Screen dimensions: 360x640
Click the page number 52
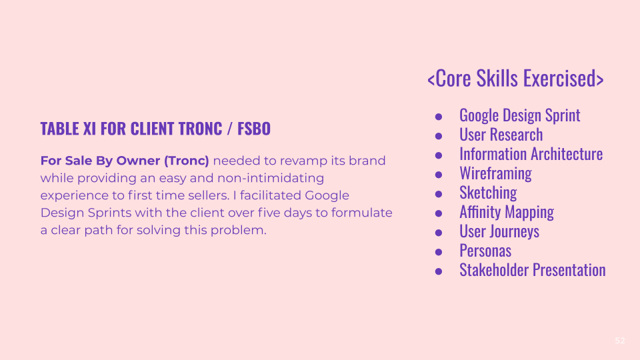coord(620,341)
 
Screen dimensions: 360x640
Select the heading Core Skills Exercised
coord(515,78)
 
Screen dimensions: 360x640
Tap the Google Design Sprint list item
coord(519,115)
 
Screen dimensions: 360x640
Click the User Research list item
coord(501,135)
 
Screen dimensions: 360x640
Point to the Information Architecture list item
coord(531,154)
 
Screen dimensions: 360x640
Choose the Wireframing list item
coord(495,173)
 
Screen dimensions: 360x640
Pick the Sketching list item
coord(488,193)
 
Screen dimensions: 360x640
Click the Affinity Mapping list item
coord(506,212)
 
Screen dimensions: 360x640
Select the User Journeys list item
coord(499,231)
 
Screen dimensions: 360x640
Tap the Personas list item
coord(485,251)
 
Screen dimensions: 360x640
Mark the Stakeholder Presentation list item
coord(532,270)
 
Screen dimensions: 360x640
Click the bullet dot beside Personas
coord(439,251)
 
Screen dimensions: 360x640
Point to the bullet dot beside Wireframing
coord(439,174)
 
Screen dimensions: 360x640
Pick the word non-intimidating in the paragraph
coord(275,178)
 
